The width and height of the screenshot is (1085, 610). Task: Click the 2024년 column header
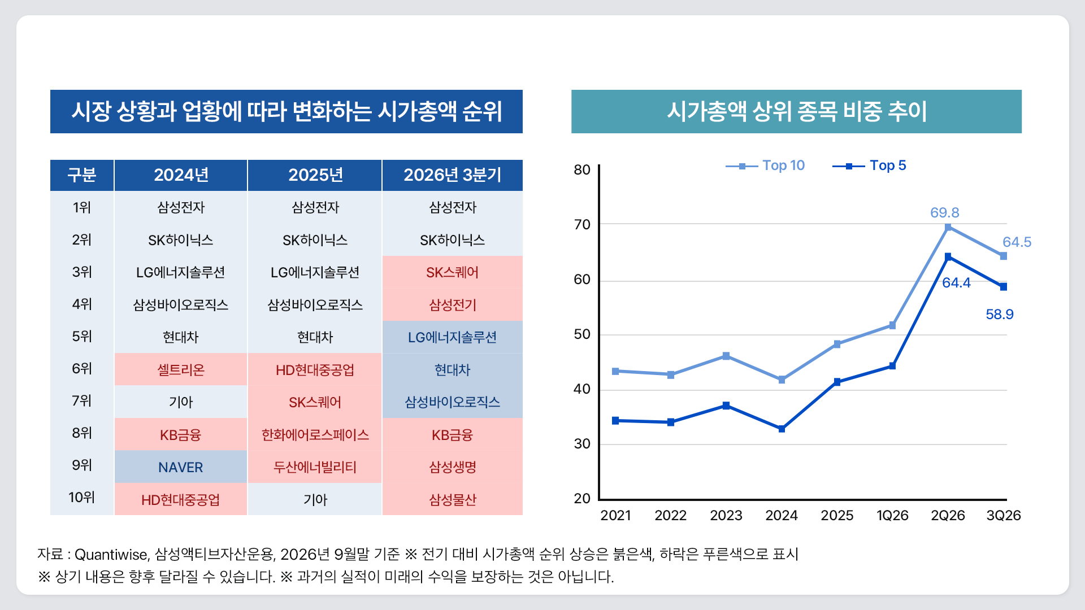point(181,175)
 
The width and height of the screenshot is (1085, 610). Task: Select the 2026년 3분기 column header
point(452,175)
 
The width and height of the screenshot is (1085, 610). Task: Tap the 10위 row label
point(82,498)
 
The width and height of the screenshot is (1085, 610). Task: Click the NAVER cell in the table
point(181,467)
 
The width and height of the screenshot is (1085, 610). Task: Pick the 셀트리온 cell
point(181,370)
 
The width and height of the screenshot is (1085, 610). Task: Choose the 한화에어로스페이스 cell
point(315,435)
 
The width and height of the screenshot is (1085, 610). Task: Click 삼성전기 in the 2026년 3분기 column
point(453,305)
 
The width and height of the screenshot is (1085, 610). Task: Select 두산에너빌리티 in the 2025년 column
point(315,467)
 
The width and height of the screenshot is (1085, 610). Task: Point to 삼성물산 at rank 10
point(453,500)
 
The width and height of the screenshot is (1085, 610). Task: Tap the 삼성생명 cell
point(453,467)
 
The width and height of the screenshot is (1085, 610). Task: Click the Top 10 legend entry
point(765,165)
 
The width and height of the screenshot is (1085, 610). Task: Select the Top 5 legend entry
point(869,165)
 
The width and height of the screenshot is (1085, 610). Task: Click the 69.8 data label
point(945,213)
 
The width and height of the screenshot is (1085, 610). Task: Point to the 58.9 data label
point(1000,315)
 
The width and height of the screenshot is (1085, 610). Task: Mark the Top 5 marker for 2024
point(782,429)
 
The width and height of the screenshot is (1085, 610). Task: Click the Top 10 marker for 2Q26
point(948,228)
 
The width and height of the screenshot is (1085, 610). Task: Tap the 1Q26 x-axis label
point(892,516)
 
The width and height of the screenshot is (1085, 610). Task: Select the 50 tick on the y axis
point(582,334)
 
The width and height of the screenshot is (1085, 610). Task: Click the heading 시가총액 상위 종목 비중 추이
point(797,111)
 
